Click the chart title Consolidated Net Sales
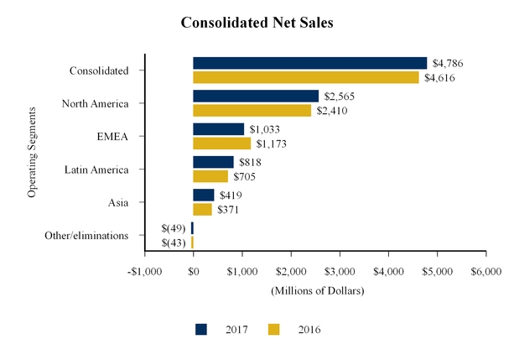[x=257, y=23]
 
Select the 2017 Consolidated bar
[x=309, y=63]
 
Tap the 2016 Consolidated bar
[x=305, y=77]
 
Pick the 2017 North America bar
[x=255, y=96]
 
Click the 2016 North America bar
[x=252, y=110]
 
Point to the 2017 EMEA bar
[x=218, y=129]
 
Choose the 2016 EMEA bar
[x=221, y=143]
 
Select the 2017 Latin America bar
[x=213, y=162]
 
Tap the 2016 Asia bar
[x=202, y=209]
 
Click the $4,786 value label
[x=447, y=63]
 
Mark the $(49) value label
[x=173, y=228]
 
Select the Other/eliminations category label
[x=87, y=236]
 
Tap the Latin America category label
[x=96, y=170]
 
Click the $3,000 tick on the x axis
[x=340, y=272]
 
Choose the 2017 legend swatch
[x=201, y=330]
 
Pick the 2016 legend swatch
[x=274, y=330]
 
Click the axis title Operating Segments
[x=32, y=151]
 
